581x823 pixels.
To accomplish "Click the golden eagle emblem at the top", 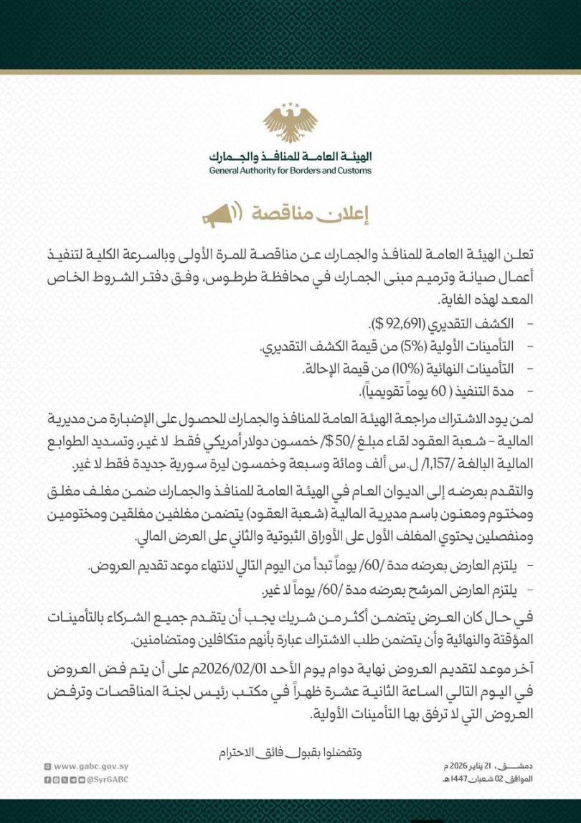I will tap(290, 123).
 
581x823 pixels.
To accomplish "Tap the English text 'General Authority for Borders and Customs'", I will tap(290, 171).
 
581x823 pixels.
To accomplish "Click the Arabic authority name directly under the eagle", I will tap(290, 157).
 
